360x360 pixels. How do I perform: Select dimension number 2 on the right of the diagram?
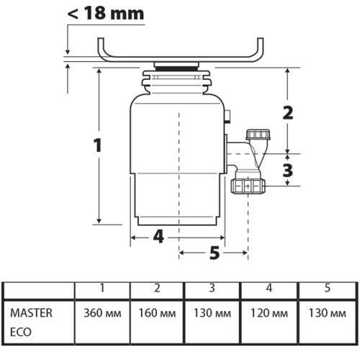[288, 112]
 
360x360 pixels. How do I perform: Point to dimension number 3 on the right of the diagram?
[288, 170]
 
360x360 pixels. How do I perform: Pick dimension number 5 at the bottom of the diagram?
[214, 252]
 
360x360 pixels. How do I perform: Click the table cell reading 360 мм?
[102, 314]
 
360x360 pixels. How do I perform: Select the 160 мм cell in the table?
[156, 314]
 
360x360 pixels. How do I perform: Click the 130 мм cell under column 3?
[212, 314]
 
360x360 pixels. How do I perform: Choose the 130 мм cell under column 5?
[325, 314]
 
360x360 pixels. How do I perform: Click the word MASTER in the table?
[29, 313]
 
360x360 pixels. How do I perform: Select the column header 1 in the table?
[102, 289]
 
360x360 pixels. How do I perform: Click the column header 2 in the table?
[156, 289]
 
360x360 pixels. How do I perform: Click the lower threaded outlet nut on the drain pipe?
[247, 186]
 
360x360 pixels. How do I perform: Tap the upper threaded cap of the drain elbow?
[256, 135]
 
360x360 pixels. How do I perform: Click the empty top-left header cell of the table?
[39, 289]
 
